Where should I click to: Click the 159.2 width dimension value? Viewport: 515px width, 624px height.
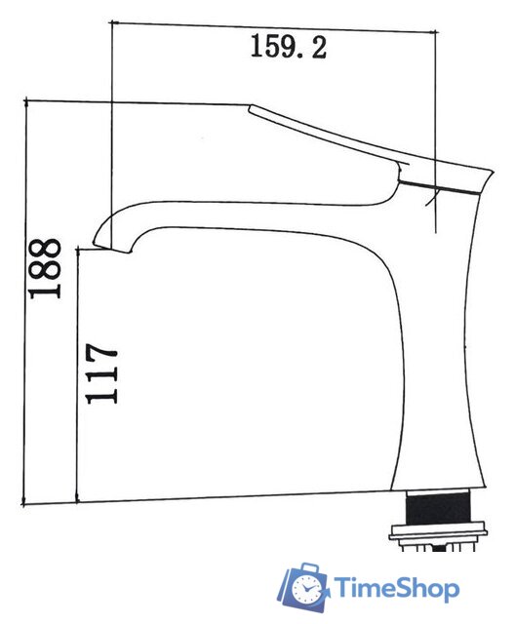click(x=289, y=47)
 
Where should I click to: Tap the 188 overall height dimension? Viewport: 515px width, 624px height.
click(x=46, y=268)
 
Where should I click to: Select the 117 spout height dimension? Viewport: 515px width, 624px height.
click(x=101, y=373)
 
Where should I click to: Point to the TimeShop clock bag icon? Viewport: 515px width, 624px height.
click(x=303, y=587)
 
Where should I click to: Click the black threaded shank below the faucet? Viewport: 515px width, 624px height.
click(x=438, y=508)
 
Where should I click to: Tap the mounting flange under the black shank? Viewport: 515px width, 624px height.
click(x=438, y=532)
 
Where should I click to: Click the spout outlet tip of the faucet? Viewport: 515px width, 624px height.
click(x=111, y=247)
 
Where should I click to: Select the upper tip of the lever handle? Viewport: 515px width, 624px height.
click(x=251, y=108)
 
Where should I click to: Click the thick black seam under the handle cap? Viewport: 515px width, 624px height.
click(x=441, y=187)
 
